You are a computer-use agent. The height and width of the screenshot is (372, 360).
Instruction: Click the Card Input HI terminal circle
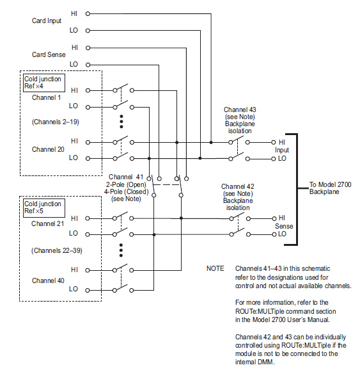[x=88, y=13]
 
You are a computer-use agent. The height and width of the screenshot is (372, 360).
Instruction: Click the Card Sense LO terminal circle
[x=88, y=65]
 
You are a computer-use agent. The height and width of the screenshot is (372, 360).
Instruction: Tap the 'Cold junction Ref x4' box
[x=44, y=83]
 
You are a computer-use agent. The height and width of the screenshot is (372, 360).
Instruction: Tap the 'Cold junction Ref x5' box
[x=44, y=208]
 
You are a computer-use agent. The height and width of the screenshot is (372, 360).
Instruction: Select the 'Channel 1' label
[x=46, y=97]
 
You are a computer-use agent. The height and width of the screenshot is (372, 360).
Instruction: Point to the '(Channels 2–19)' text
[x=55, y=122]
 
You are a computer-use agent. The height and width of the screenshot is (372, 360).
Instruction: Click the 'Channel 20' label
[x=48, y=149]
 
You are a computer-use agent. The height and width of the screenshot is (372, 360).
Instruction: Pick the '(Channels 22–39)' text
[x=57, y=251]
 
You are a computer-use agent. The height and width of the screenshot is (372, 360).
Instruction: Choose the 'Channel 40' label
[x=48, y=280]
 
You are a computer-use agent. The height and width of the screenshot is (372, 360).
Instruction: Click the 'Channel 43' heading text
[x=240, y=109]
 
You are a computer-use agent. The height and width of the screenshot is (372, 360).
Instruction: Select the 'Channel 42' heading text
[x=237, y=186]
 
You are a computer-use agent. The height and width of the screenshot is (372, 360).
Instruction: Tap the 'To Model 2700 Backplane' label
[x=330, y=188]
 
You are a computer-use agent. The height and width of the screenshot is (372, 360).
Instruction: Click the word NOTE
[x=215, y=268]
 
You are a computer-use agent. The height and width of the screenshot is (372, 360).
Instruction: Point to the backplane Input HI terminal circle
[x=274, y=142]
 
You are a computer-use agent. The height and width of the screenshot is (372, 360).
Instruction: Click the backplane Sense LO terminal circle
[x=274, y=234]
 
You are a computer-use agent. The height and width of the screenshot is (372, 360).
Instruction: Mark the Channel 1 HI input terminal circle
[x=88, y=90]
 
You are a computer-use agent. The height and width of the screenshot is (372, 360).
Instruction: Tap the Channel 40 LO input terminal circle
[x=88, y=290]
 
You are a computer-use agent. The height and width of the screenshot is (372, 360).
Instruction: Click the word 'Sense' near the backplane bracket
[x=284, y=226]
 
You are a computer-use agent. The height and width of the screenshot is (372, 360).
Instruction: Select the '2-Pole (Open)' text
[x=126, y=184]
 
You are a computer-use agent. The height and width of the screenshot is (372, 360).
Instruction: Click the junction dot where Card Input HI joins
[x=211, y=142]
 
